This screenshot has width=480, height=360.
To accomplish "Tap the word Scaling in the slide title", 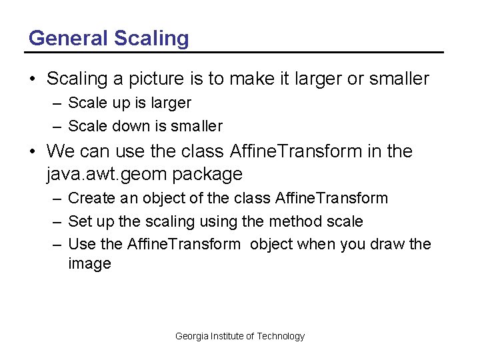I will [151, 39].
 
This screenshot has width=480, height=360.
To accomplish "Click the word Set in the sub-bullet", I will [79, 221].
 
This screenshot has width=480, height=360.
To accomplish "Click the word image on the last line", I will [89, 264].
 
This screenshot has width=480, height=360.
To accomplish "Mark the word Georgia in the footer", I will [192, 336].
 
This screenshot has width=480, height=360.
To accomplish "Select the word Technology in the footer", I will [281, 336].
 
